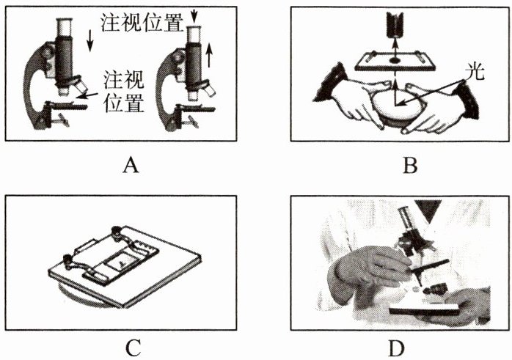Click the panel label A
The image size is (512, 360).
pyautogui.click(x=131, y=166)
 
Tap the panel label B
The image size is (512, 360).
pyautogui.click(x=410, y=166)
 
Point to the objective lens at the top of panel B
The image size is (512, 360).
pyautogui.click(x=394, y=26)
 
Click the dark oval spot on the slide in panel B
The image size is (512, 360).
pyautogui.click(x=395, y=57)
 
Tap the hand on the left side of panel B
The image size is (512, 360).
pyautogui.click(x=345, y=106)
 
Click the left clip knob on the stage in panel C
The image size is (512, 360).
pyautogui.click(x=70, y=259)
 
